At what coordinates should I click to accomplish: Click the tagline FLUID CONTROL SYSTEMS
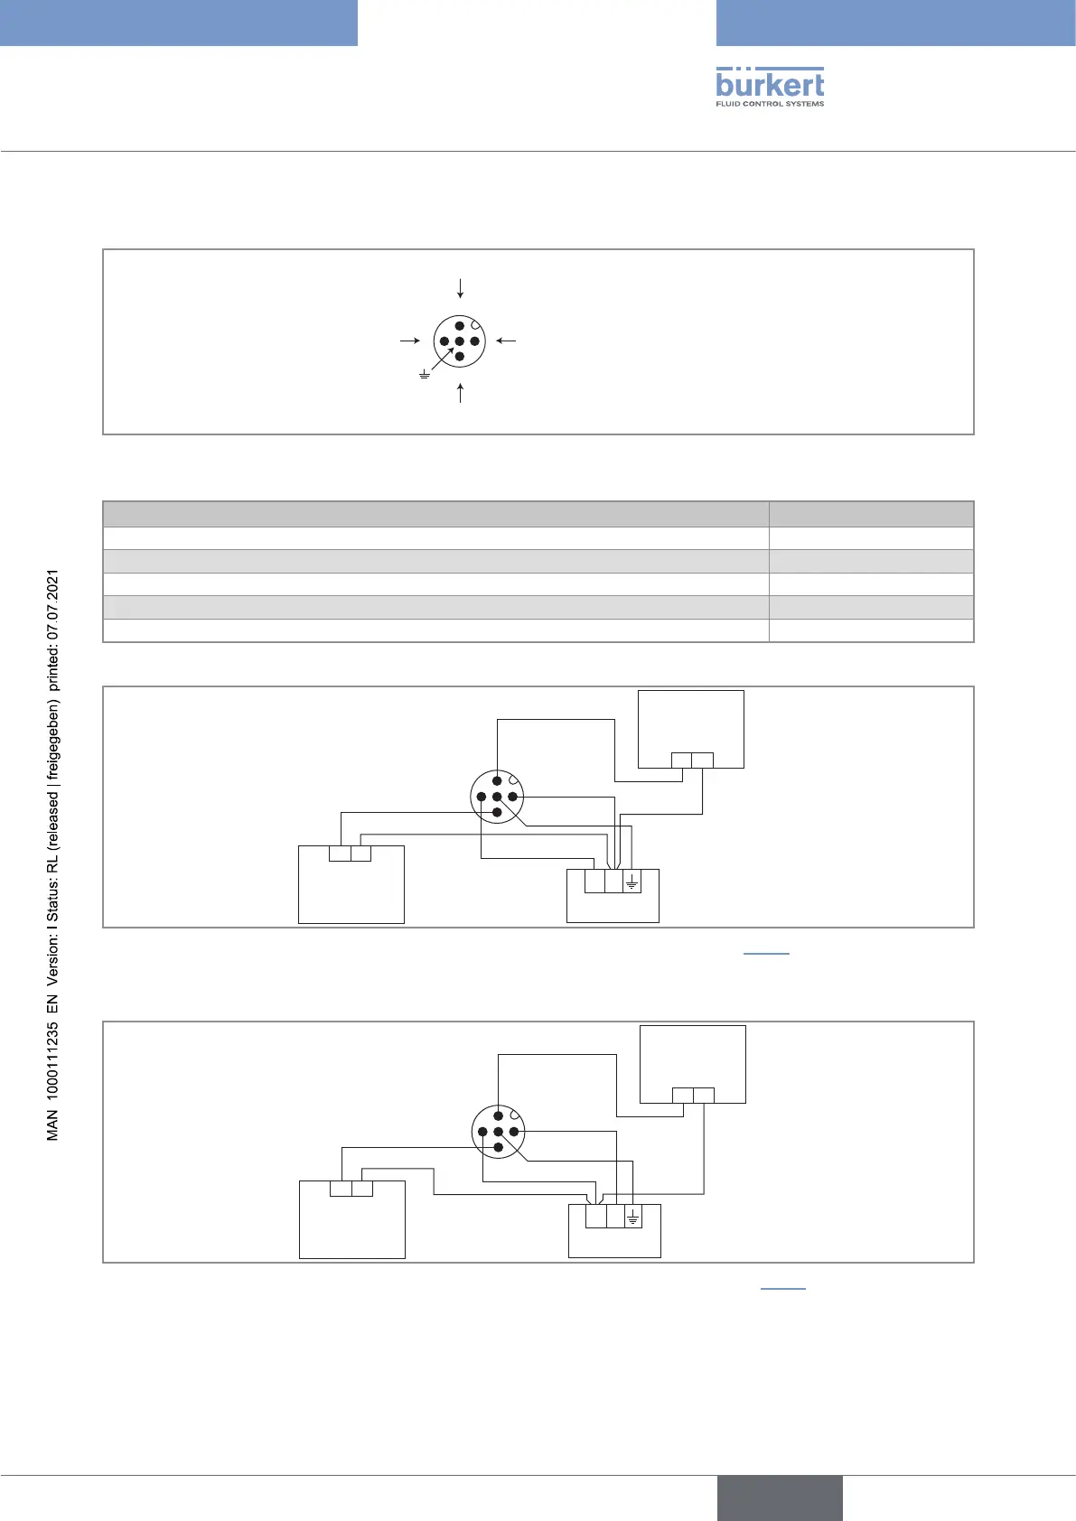770,104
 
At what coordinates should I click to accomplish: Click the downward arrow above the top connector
461,288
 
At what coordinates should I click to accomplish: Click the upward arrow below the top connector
461,393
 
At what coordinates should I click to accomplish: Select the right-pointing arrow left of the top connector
410,341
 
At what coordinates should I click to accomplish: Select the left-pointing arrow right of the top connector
506,341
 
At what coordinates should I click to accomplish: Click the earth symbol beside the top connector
424,374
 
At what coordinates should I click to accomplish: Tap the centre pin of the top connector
460,341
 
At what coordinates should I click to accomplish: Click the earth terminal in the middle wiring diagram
632,881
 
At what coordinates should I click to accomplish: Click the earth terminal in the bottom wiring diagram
633,1217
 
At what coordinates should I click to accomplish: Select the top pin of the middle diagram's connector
497,781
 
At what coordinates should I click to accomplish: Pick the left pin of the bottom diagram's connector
483,1132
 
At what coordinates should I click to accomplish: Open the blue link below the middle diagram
766,953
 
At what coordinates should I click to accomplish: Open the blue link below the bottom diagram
782,1288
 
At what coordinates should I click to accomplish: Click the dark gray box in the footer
780,1498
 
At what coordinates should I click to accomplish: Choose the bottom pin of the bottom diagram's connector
498,1147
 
